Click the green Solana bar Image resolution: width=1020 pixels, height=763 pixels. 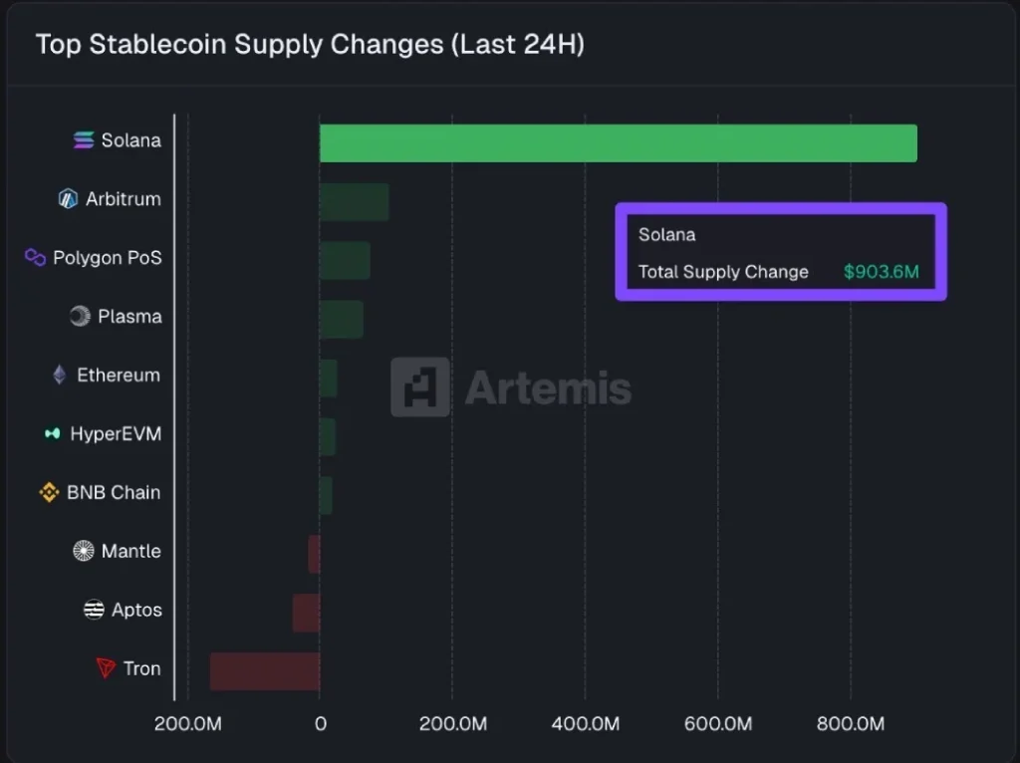tap(618, 143)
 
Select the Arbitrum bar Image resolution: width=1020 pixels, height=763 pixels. tap(354, 202)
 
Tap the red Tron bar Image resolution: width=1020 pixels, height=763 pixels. tap(265, 670)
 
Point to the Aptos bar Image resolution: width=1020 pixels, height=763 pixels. tap(306, 613)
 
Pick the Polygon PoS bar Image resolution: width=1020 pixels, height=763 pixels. tap(345, 261)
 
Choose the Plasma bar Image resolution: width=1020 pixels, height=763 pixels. tap(341, 319)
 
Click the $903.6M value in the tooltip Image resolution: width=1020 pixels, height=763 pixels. tap(881, 271)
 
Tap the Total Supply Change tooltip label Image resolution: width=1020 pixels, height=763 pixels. tap(723, 271)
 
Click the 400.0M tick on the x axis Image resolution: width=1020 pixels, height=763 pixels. tap(586, 724)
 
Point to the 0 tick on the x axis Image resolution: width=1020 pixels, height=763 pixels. tap(320, 724)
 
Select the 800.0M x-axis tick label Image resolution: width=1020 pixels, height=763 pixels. tap(851, 724)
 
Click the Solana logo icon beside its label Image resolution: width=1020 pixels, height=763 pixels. tap(84, 140)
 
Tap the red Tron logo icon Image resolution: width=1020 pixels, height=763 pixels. tap(106, 668)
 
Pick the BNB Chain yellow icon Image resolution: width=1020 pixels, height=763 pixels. tap(49, 492)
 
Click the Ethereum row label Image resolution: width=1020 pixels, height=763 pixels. tap(118, 376)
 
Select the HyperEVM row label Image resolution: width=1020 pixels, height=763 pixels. tap(115, 434)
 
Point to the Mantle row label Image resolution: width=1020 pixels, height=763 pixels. tap(130, 551)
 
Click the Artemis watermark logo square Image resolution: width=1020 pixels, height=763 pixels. tap(419, 386)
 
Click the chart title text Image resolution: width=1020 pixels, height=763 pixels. tap(310, 45)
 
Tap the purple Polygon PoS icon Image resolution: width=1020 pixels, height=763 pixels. tap(36, 258)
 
